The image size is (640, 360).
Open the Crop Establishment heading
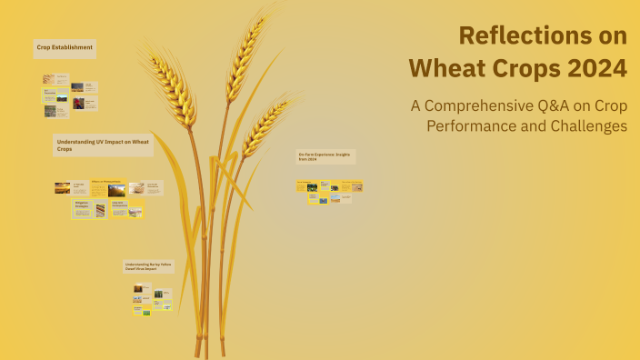point(65,46)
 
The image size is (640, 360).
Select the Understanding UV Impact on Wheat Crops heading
point(103,145)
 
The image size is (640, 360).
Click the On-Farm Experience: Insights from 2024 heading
point(325,156)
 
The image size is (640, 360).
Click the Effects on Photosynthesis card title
point(106,181)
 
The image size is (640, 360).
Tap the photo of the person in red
point(79,104)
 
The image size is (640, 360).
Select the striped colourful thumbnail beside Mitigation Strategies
point(100,210)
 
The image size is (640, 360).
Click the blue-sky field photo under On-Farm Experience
point(312,187)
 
